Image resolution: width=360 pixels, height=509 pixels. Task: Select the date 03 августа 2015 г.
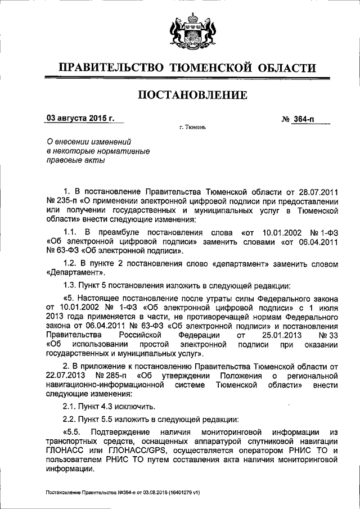[x=80, y=119]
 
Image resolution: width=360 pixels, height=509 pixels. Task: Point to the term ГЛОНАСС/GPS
[x=144, y=451]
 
